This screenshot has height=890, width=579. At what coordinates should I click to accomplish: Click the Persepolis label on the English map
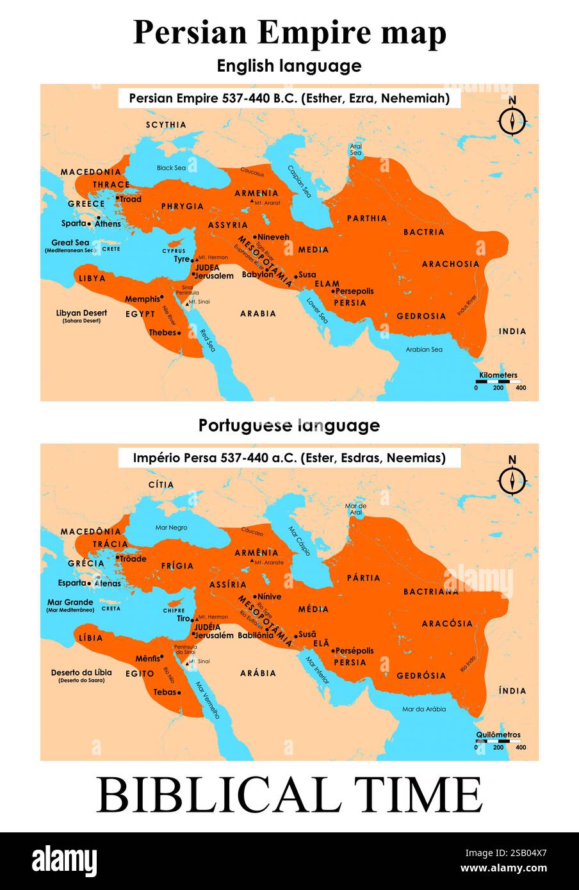tap(354, 291)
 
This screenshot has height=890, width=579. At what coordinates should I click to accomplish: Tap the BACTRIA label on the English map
tap(423, 232)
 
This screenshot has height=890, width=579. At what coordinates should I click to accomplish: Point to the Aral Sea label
tap(355, 150)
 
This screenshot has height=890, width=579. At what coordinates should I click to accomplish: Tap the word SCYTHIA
tap(166, 125)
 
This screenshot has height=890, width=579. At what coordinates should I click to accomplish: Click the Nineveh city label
tap(273, 237)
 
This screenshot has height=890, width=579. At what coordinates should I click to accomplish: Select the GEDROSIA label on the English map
tap(421, 316)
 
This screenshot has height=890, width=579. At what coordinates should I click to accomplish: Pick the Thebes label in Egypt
tap(163, 333)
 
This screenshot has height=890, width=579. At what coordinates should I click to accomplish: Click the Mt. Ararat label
tap(267, 203)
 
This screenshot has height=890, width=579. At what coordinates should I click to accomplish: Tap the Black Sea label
tap(171, 168)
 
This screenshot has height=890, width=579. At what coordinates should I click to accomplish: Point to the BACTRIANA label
tap(430, 592)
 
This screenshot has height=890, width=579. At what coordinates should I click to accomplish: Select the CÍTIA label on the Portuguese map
tap(161, 485)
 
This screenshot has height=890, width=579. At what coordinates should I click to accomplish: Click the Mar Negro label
tap(171, 528)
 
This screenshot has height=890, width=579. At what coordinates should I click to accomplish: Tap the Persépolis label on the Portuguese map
tap(354, 651)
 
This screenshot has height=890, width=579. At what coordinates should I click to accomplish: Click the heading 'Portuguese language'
tap(289, 425)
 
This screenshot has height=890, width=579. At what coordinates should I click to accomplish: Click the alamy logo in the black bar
tap(65, 861)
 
